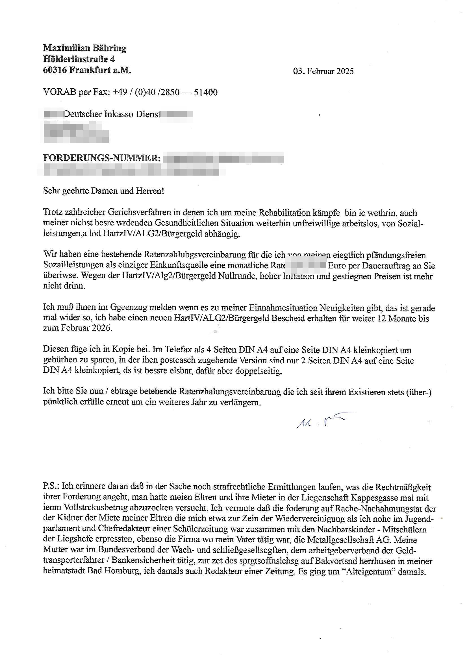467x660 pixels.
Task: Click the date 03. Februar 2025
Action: (x=323, y=71)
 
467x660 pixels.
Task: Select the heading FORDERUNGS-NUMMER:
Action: (x=102, y=158)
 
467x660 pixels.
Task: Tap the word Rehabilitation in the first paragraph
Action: (x=284, y=213)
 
